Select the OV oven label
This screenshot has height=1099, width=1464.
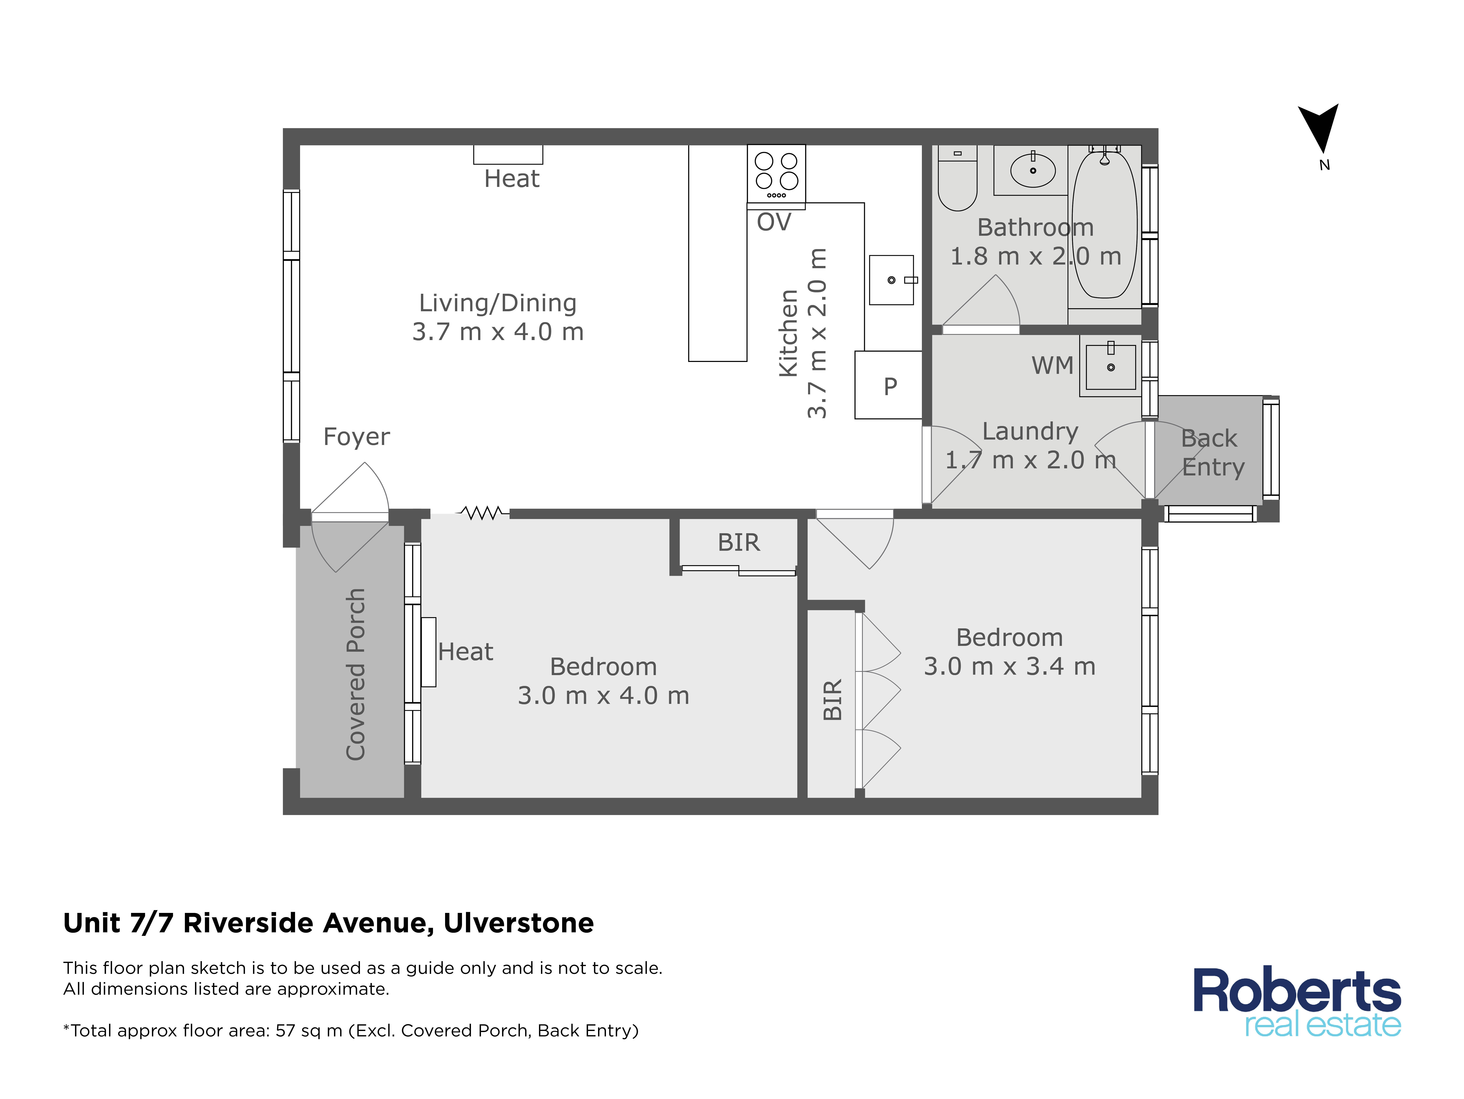[774, 222]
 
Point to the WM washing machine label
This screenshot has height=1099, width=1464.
[1052, 365]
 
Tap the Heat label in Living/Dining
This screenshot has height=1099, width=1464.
[512, 179]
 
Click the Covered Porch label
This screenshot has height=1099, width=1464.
[355, 674]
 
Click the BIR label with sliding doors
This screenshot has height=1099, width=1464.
[739, 543]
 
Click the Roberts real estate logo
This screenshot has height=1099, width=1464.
[1297, 1002]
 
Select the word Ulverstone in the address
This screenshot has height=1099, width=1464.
[518, 923]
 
